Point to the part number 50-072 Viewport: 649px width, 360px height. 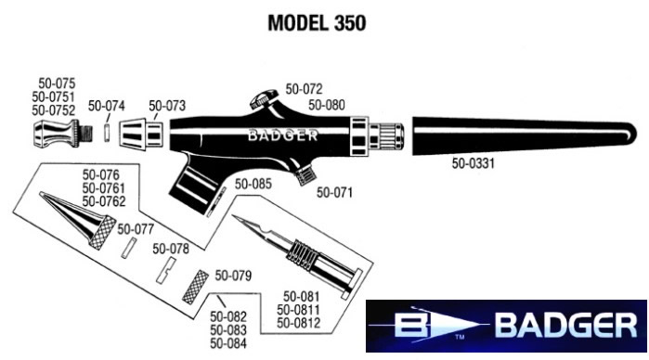click(x=304, y=90)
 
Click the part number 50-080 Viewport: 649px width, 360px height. click(x=327, y=105)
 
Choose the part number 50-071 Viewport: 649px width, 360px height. click(x=335, y=193)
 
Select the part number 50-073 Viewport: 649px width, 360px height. click(x=167, y=105)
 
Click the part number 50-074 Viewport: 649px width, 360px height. click(x=106, y=105)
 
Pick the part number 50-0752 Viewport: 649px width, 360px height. click(x=54, y=109)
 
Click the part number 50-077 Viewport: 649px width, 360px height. click(x=136, y=228)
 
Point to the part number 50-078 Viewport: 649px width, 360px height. click(x=171, y=249)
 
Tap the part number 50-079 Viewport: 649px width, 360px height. click(x=233, y=276)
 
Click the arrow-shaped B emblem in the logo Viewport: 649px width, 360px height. click(x=436, y=327)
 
